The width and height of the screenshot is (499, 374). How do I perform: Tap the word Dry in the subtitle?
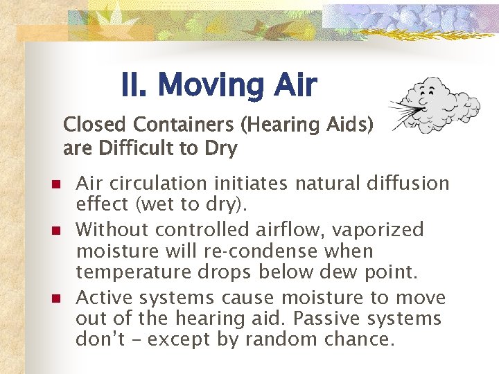(x=221, y=149)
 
